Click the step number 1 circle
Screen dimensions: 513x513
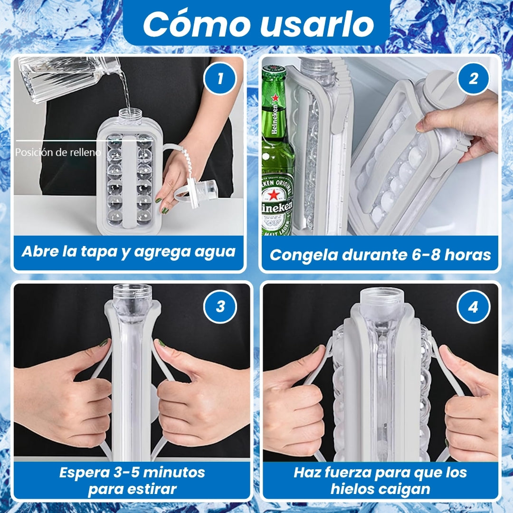(219, 78)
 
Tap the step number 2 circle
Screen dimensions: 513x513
(473, 78)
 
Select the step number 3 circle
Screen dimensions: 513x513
(220, 307)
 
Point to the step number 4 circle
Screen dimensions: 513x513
(473, 307)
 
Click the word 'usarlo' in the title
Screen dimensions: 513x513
(317, 24)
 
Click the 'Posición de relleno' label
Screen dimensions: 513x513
(58, 152)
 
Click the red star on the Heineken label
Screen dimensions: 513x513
(274, 195)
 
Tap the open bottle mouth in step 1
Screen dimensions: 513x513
(130, 113)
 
